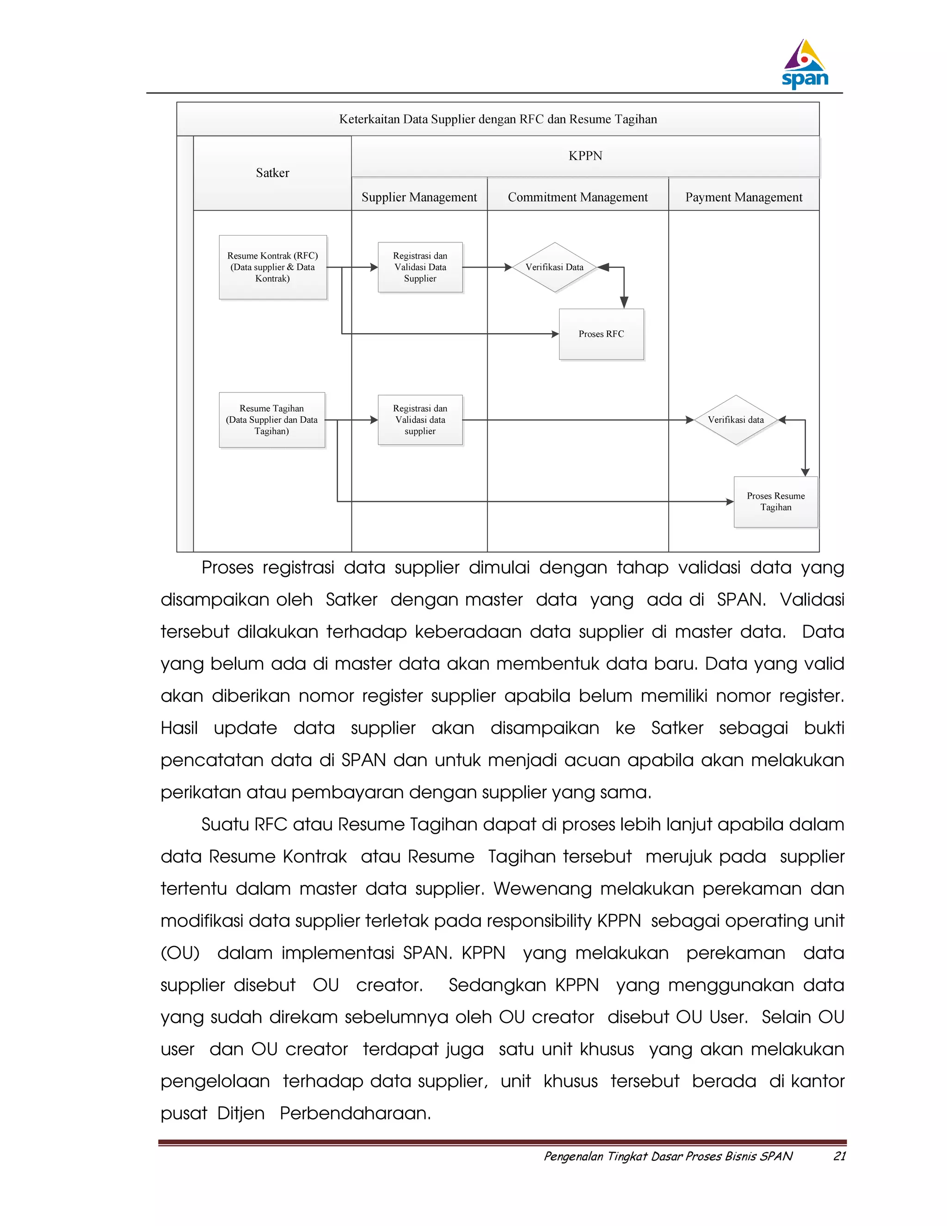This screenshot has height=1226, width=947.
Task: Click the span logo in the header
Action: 805,65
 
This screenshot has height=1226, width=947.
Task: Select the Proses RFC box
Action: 601,334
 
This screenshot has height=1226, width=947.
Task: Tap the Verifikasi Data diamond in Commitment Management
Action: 554,267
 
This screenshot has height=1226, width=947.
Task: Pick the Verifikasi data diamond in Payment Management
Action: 736,420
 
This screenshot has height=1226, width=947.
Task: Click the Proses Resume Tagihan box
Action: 775,502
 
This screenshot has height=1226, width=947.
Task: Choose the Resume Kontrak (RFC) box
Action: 273,267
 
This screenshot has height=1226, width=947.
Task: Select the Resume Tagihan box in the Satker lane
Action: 271,420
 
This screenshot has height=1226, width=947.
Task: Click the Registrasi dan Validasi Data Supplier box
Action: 420,267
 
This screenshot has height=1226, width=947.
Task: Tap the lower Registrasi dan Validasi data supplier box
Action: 420,420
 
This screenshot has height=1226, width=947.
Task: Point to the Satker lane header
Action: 273,173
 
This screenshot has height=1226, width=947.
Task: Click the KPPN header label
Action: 585,156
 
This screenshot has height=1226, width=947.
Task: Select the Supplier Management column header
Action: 419,197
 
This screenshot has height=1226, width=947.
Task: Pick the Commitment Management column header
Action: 577,197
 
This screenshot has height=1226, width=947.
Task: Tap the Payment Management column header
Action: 744,197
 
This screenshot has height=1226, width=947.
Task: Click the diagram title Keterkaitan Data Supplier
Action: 498,119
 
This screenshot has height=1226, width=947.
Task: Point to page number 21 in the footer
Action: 839,1156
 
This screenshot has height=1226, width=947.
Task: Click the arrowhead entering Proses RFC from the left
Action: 555,334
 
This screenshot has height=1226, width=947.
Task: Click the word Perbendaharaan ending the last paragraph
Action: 355,1113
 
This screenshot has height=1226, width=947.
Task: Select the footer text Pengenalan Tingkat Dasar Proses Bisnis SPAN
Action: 668,1156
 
